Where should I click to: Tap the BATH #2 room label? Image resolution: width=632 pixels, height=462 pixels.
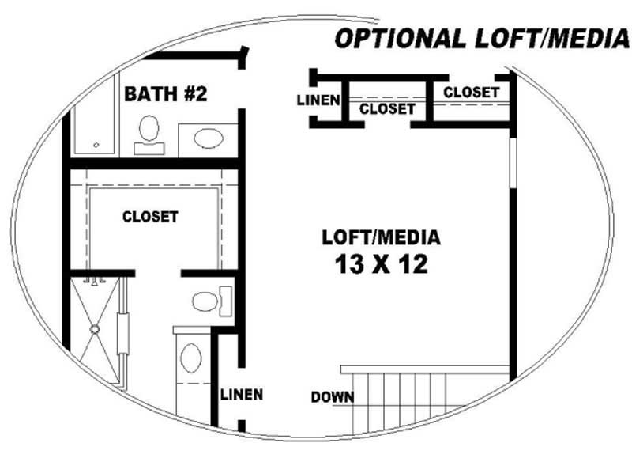point(166,94)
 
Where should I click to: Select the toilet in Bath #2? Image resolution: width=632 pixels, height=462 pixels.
point(149,134)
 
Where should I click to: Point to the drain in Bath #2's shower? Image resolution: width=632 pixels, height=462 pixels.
point(96,145)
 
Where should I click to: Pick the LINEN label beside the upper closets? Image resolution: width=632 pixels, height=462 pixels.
point(318,100)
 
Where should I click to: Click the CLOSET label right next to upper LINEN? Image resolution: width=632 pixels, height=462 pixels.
point(386,109)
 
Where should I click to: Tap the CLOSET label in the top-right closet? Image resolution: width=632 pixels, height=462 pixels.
point(471,93)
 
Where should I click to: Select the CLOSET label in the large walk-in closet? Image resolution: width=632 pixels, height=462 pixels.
point(150,215)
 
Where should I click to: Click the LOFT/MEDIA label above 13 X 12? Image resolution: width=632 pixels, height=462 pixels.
point(381,237)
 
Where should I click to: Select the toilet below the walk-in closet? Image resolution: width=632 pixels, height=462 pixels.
point(207,301)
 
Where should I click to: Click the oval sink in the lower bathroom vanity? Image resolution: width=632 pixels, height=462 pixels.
point(190,358)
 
